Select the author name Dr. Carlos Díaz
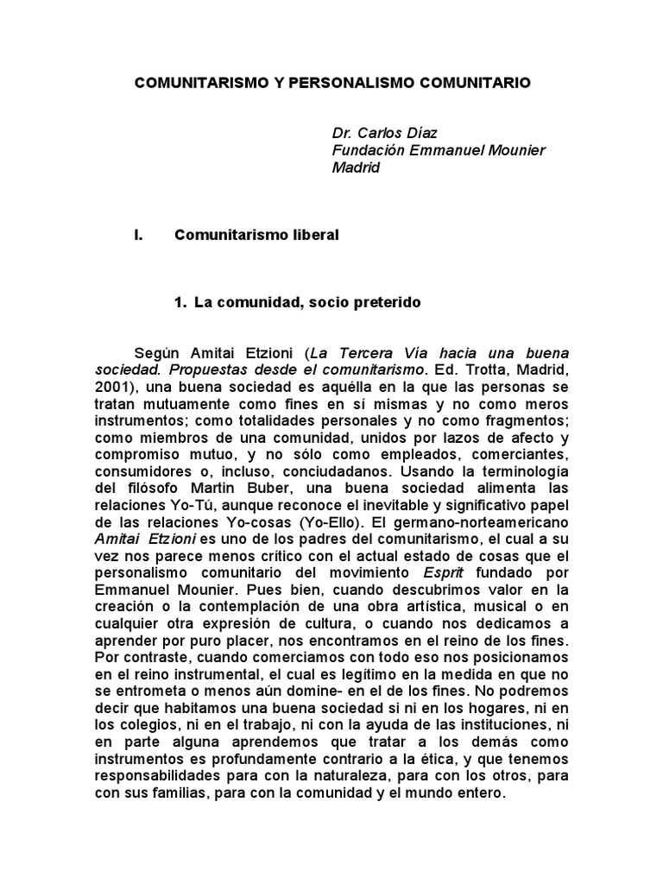point(384,133)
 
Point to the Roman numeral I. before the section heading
point(138,235)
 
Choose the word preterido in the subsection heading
point(377,303)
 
